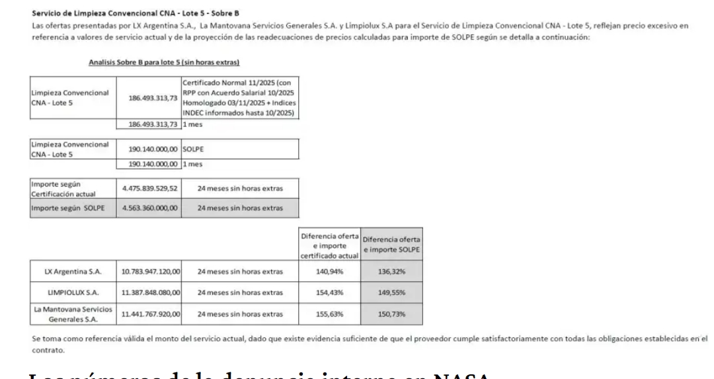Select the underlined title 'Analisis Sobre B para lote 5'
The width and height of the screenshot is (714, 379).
coord(164,62)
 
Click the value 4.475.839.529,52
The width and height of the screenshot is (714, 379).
coord(151,189)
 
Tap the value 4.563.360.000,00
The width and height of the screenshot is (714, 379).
coord(151,208)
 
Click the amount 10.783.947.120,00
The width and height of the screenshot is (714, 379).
coord(151,272)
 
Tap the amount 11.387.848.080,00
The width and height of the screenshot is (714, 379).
coord(151,292)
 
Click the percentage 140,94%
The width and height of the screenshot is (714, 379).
coord(329,272)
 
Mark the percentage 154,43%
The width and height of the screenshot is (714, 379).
coord(329,292)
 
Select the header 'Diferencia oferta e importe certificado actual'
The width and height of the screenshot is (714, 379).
coord(329,244)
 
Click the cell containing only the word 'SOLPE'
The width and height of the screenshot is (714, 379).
coord(192,151)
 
